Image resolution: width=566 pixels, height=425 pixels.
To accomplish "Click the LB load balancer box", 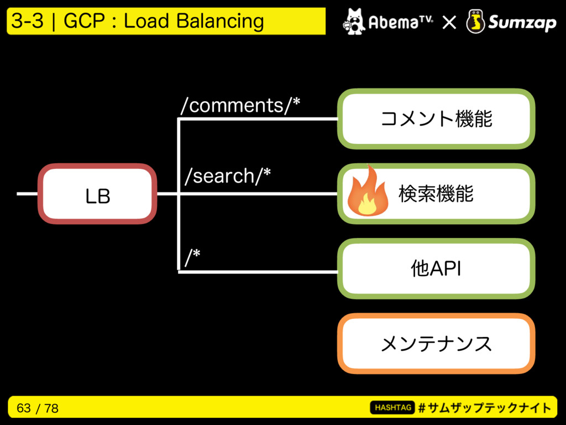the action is click(97, 194).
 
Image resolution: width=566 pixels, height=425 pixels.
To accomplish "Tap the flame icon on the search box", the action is click(368, 191).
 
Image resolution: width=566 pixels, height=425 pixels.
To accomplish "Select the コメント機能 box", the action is click(436, 119).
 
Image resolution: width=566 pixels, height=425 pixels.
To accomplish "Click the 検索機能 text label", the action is click(436, 194).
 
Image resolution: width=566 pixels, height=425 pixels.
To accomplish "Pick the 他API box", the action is click(436, 268).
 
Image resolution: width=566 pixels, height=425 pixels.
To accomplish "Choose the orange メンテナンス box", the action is click(436, 343).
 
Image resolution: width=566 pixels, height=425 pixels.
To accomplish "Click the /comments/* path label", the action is click(240, 106).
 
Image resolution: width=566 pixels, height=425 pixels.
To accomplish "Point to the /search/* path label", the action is click(228, 176).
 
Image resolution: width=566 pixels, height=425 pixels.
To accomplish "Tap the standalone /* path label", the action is click(193, 257).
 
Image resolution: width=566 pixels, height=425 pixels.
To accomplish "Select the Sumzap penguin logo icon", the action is click(475, 22).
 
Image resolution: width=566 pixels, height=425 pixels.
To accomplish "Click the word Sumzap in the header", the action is click(522, 23).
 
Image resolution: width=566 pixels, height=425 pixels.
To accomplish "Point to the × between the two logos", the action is click(449, 23).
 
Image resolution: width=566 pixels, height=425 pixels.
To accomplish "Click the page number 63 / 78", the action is click(38, 408).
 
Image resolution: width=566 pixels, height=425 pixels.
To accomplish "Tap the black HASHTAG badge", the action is click(393, 408).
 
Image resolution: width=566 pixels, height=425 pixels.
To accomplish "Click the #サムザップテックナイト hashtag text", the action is click(485, 408).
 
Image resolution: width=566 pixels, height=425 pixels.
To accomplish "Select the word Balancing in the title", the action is click(220, 22).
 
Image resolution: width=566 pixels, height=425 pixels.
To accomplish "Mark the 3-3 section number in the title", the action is click(28, 21).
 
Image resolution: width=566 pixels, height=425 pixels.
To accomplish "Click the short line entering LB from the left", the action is click(28, 194).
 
